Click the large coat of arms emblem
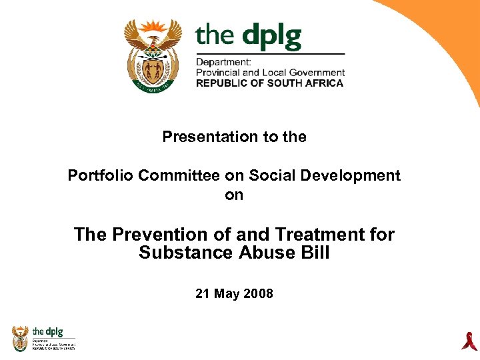[153, 55]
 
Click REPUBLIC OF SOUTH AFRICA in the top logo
[269, 83]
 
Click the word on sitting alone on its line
[234, 195]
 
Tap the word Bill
[313, 253]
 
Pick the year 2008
[259, 293]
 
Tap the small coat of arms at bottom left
[21, 338]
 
